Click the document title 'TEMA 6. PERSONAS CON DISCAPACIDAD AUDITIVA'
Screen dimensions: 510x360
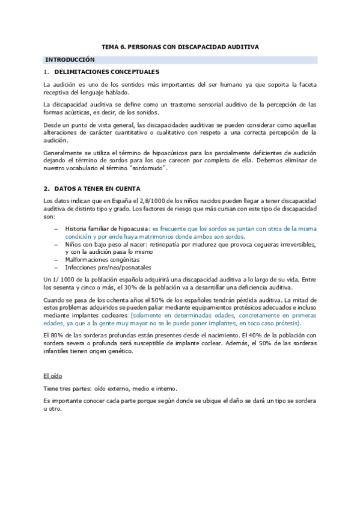(180, 46)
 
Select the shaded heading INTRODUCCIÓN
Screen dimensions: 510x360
(70, 60)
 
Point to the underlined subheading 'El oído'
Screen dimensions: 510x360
(54, 376)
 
